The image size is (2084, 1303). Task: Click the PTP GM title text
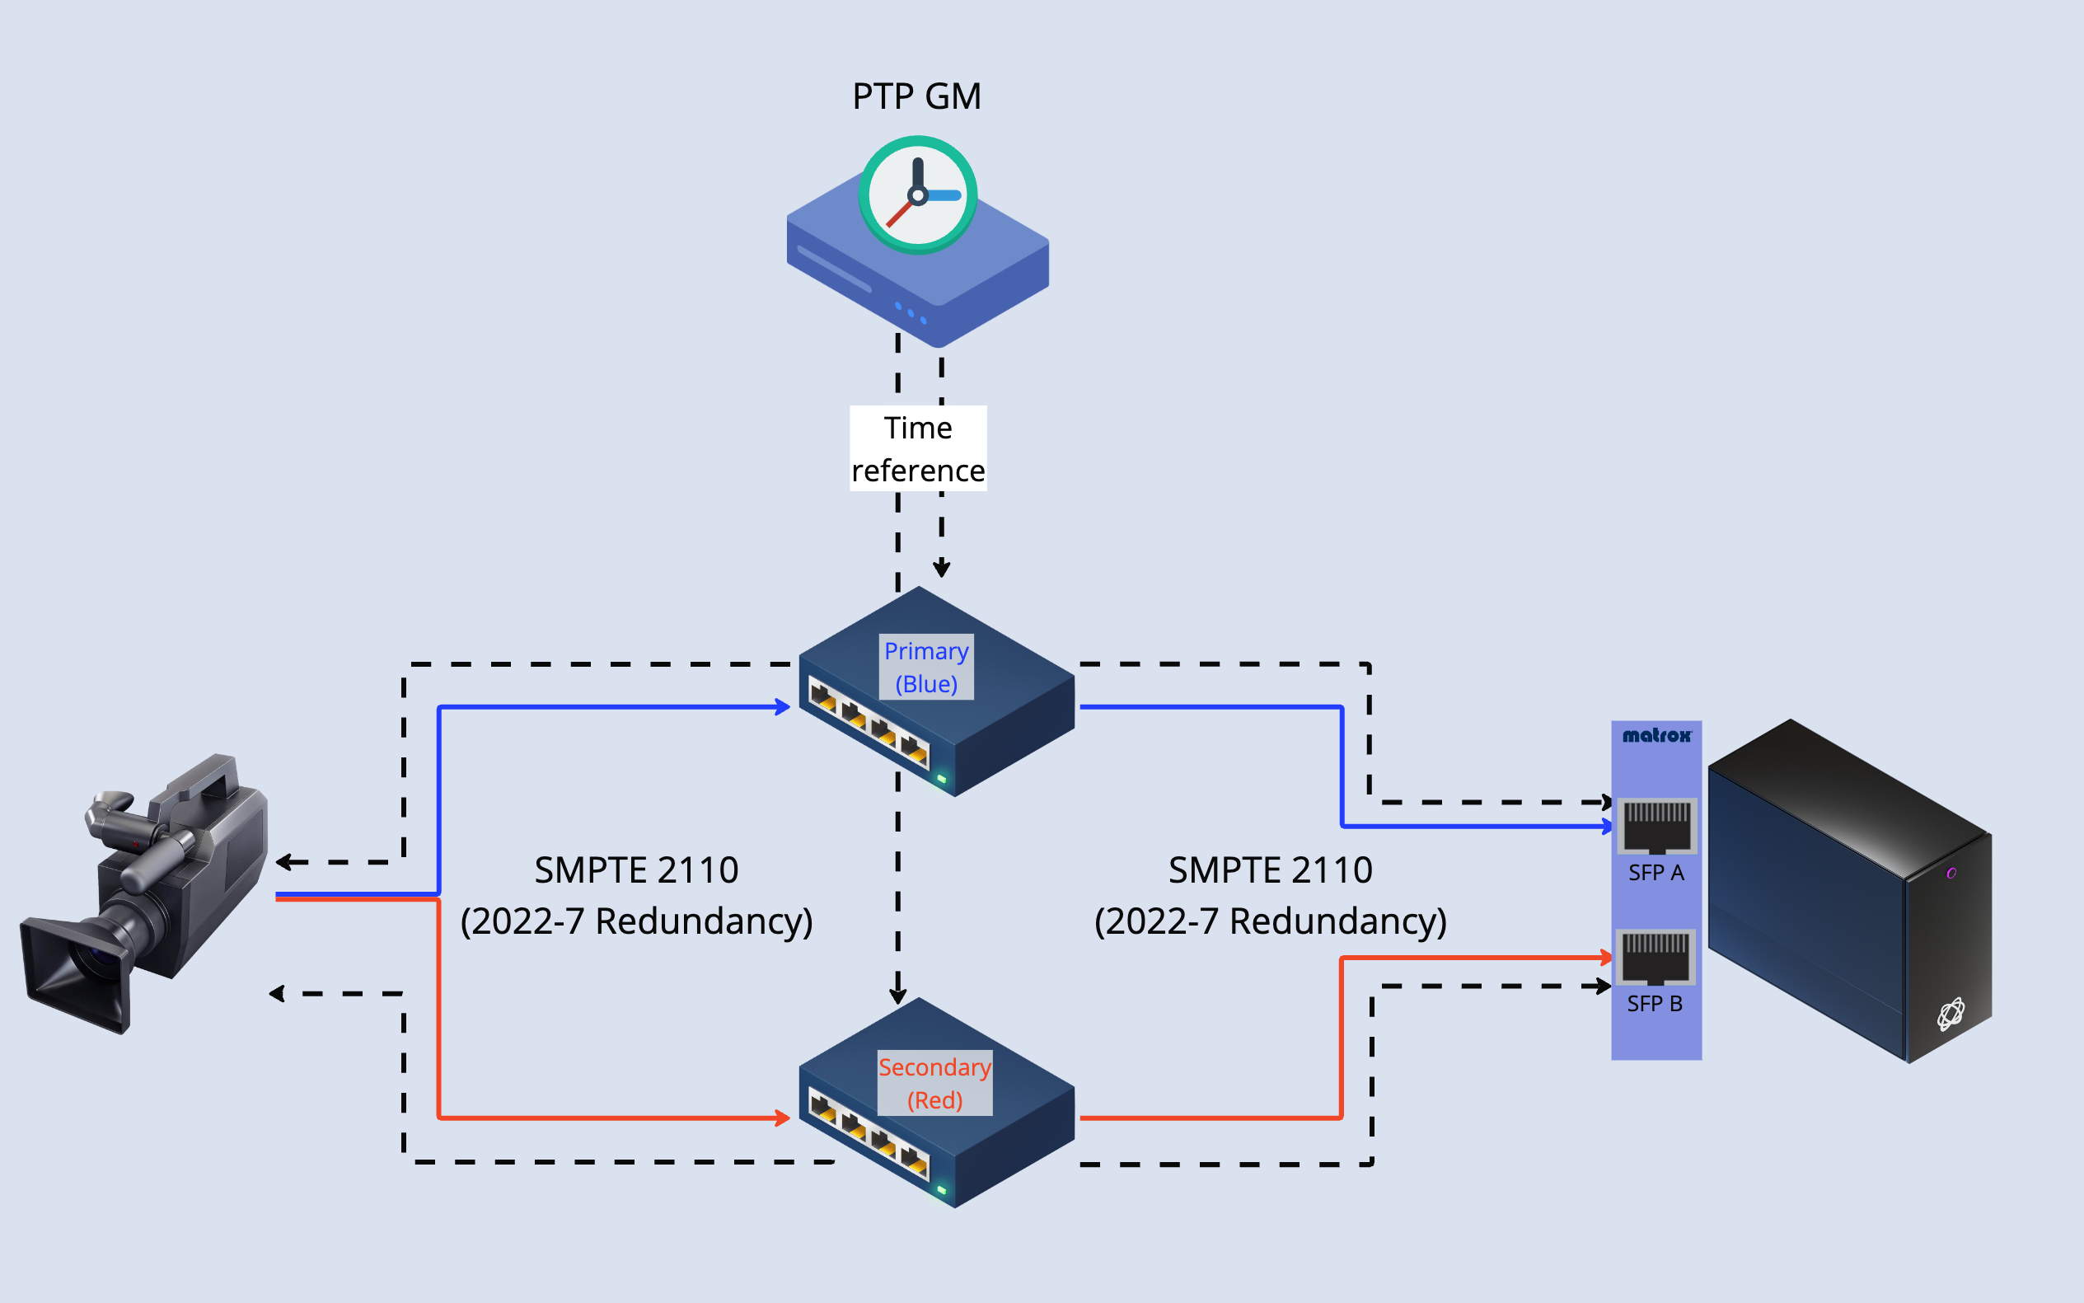click(916, 96)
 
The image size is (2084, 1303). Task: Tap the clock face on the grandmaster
click(917, 195)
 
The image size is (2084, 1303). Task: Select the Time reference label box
click(917, 449)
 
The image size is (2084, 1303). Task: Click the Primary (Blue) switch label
click(926, 667)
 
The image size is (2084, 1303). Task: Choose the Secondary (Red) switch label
click(934, 1083)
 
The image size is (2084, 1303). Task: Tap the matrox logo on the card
click(1655, 735)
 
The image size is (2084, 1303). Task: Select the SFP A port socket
click(1656, 826)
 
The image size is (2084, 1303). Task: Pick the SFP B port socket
click(1655, 957)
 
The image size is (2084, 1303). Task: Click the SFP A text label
click(1655, 873)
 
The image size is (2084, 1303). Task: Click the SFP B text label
click(1654, 1004)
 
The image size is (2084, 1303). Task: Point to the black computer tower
click(1848, 888)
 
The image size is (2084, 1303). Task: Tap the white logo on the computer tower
click(1951, 1015)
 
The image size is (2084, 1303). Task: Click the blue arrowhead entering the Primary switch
click(783, 707)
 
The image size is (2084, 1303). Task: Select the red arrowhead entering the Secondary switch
click(783, 1118)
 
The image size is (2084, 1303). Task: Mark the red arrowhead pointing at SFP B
click(1606, 958)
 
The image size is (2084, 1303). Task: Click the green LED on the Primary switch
click(942, 779)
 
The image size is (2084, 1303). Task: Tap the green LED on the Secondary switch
click(942, 1190)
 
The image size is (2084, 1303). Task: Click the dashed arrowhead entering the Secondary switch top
click(897, 996)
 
